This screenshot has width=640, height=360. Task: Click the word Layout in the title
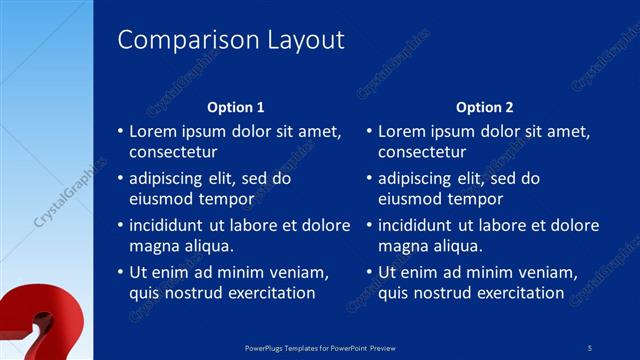(305, 40)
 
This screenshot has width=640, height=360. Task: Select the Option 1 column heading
(236, 107)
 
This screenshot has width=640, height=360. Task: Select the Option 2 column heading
(484, 107)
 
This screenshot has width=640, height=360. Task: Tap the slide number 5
(590, 347)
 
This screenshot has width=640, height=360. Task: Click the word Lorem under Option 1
(155, 131)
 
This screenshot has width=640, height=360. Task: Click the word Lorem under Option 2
(403, 131)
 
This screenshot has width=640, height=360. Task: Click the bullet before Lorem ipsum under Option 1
(120, 131)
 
